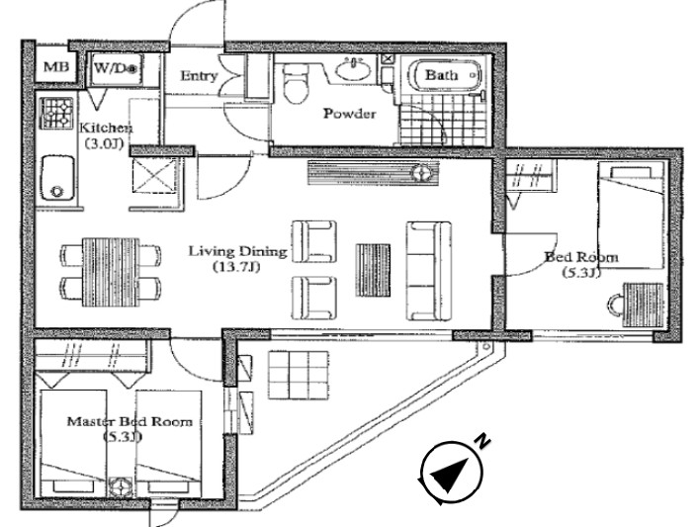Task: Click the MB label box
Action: pos(56,66)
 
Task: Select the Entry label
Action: pos(199,75)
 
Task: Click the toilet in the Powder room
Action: pos(296,82)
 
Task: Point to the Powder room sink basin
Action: pos(354,69)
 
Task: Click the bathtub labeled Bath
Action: pos(445,74)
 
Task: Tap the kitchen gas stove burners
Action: pos(56,113)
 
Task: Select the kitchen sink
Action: pos(57,177)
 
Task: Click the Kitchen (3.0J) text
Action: pos(106,135)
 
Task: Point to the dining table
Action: pos(111,272)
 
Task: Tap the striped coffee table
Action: pos(373,270)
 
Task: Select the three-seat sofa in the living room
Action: pos(428,271)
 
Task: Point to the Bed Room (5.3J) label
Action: pos(581,264)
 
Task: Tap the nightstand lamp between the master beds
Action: pos(122,485)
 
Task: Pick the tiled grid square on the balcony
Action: pos(299,376)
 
